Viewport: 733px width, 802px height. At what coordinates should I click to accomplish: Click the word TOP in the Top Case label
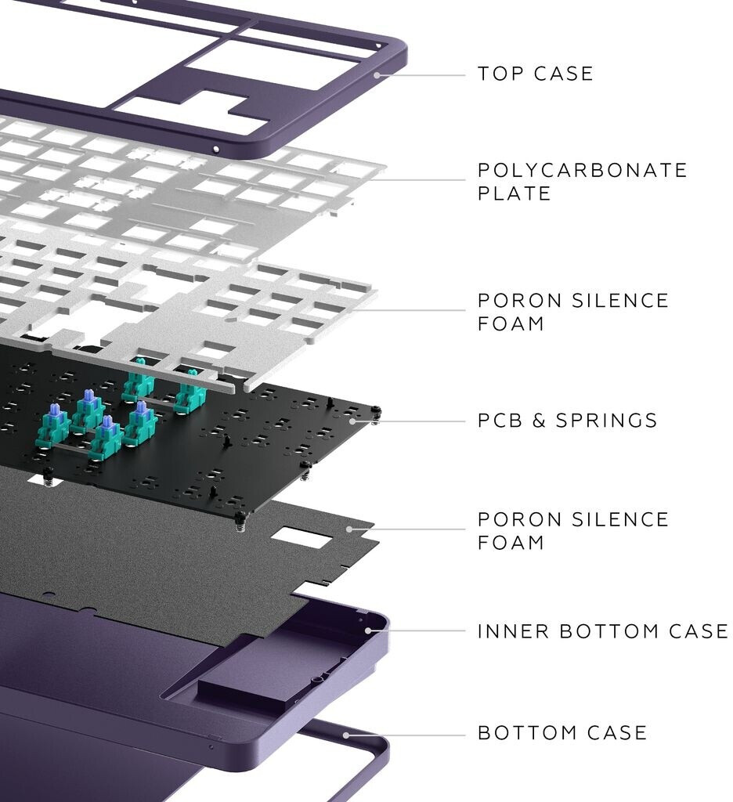[x=498, y=74]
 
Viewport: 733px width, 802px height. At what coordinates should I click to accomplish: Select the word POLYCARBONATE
[x=583, y=171]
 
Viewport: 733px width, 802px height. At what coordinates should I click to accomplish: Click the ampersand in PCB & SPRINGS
[x=540, y=421]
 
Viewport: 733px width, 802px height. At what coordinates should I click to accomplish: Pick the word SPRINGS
[x=607, y=421]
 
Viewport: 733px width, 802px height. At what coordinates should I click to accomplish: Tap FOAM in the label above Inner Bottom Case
[x=511, y=542]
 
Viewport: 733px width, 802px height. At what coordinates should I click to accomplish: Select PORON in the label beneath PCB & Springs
[x=516, y=520]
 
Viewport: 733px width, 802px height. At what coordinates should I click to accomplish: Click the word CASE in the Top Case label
[x=564, y=74]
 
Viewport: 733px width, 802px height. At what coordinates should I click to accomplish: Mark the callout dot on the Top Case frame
[x=377, y=75]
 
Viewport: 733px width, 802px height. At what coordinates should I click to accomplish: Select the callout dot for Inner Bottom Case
[x=367, y=630]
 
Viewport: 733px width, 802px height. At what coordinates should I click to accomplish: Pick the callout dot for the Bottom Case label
[x=346, y=735]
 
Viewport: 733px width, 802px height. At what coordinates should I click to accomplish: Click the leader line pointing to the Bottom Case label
[x=407, y=735]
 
